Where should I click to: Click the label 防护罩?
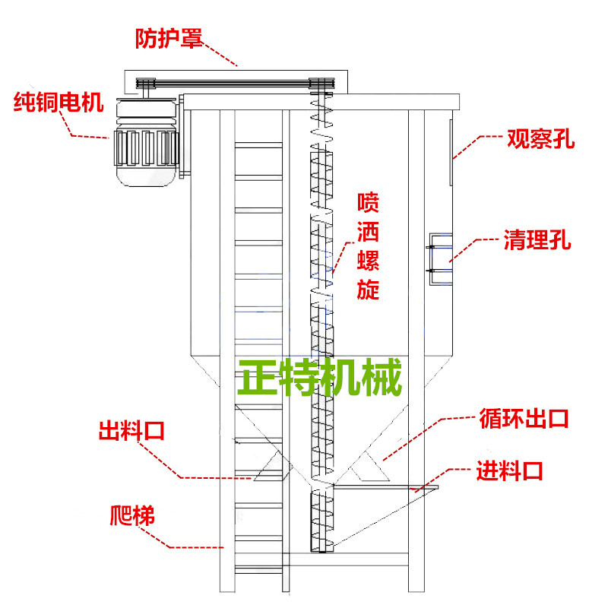(x=169, y=37)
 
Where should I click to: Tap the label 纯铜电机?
(x=58, y=102)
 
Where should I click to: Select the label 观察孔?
(x=541, y=140)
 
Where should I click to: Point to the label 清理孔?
(x=537, y=242)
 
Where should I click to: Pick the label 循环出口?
(x=524, y=419)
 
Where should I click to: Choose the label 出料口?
(x=131, y=432)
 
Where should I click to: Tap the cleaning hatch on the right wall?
(x=440, y=259)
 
